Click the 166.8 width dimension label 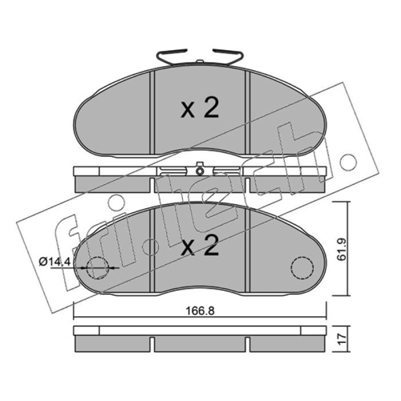click(x=200, y=311)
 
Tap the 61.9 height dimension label click(x=342, y=249)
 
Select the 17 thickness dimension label click(x=342, y=338)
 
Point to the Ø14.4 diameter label click(x=55, y=262)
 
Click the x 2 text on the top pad click(x=199, y=109)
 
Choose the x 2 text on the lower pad click(x=199, y=246)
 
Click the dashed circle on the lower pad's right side click(x=302, y=267)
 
